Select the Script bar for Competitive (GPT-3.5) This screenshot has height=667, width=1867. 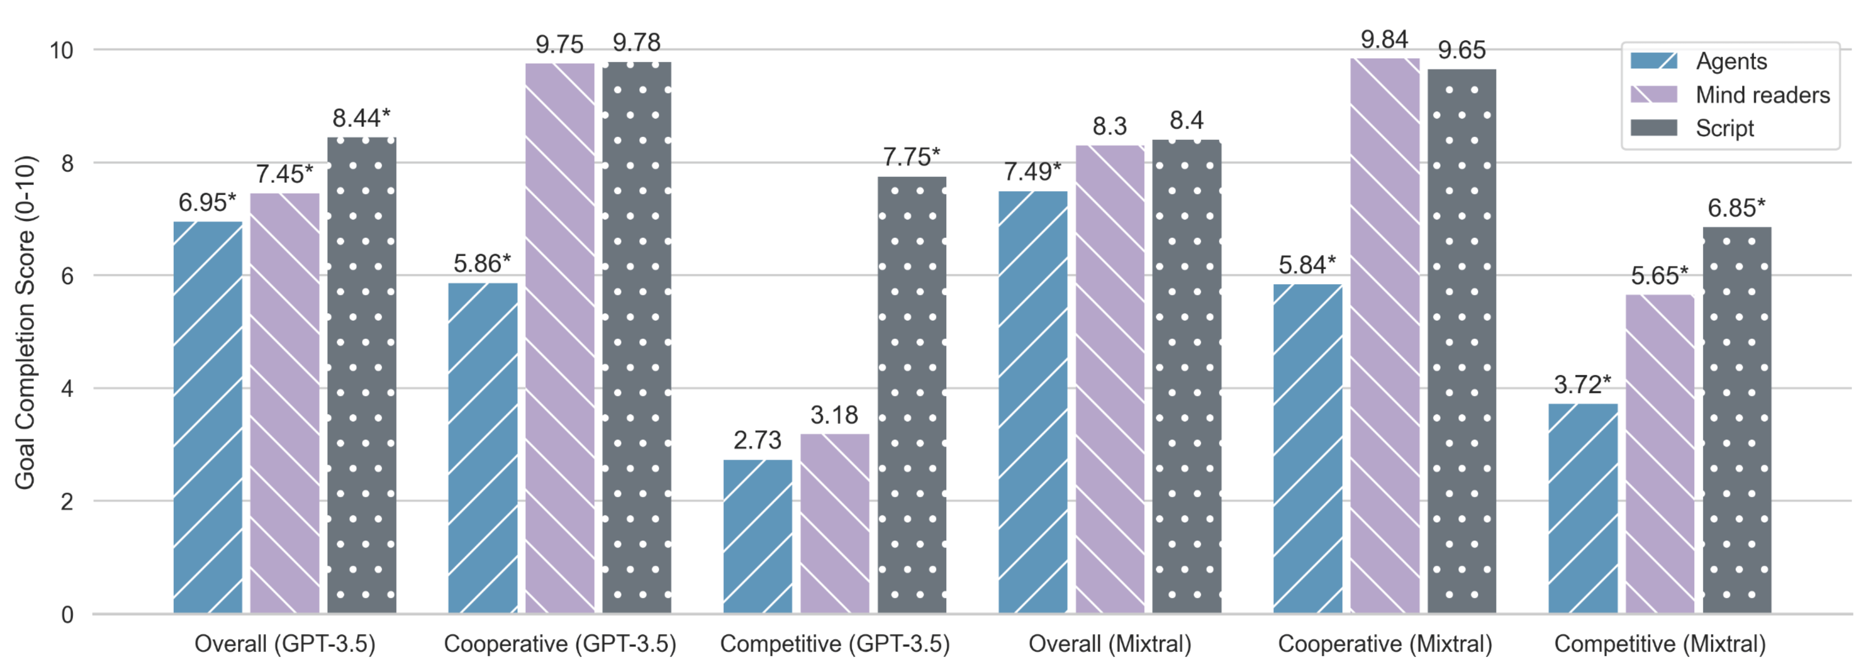click(912, 395)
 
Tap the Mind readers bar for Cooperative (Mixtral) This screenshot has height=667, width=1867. click(1385, 336)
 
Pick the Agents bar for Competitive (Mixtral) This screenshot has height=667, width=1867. click(1583, 508)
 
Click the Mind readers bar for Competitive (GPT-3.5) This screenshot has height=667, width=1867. click(835, 524)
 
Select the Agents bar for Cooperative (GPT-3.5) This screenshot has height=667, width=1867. click(483, 448)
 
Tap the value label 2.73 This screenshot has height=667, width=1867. click(757, 440)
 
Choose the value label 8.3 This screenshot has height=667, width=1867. click(1110, 127)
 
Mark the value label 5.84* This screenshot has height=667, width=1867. click(1307, 265)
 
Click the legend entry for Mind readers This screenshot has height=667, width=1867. click(1763, 95)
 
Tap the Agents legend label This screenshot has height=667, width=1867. click(1731, 62)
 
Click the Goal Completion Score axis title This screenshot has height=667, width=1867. click(25, 323)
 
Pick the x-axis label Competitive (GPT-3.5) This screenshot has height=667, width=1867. click(835, 644)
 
